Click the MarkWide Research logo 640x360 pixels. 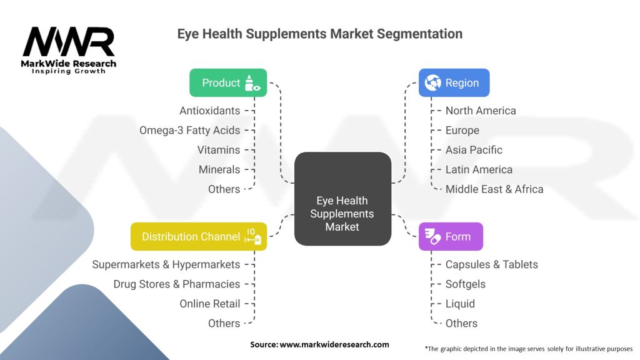[69, 50]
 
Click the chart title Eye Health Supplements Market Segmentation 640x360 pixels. [319, 34]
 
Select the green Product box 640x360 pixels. [228, 82]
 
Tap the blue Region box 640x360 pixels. [454, 82]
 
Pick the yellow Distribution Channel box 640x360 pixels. [199, 236]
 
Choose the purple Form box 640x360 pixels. [450, 236]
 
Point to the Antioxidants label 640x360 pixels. [209, 111]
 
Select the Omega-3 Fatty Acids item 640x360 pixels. [189, 130]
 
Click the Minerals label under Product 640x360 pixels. [219, 169]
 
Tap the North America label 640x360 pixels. [481, 111]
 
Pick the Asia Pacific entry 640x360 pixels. [474, 150]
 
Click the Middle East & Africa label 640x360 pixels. [494, 189]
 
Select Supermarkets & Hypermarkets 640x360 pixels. [166, 264]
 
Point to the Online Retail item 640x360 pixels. [209, 304]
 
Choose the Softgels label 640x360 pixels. [465, 284]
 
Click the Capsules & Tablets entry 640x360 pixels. [491, 264]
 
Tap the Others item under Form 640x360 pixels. [461, 323]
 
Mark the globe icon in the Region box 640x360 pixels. [432, 82]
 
